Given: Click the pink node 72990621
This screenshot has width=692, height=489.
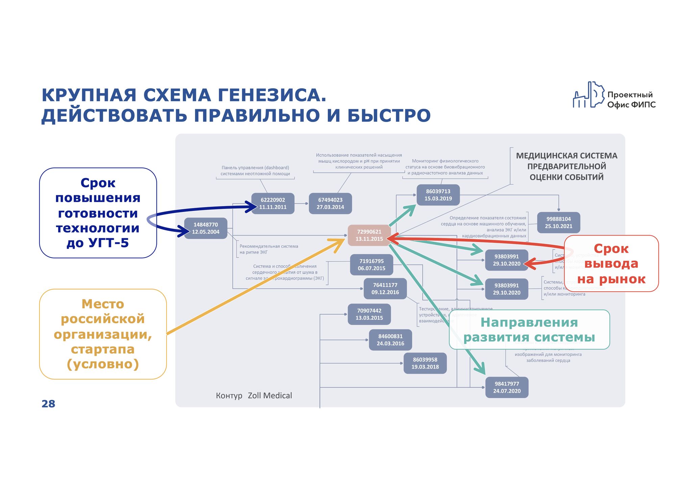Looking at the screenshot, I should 369,235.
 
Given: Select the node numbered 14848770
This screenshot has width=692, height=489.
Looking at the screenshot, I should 205,228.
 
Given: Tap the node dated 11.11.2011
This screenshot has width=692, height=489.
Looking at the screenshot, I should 273,203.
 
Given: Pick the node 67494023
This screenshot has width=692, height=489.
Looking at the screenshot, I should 330,203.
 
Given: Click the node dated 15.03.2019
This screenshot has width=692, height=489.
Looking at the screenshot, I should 438,195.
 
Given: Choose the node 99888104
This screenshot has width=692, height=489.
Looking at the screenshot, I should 559,222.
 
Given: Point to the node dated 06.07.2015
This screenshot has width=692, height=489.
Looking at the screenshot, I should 371,265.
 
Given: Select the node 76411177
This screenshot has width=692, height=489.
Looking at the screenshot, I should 385,289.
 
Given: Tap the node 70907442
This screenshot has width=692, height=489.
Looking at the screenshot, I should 369,314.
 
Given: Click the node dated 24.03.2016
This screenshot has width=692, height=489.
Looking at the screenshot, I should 390,340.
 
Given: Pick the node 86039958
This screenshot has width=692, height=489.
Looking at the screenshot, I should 425,363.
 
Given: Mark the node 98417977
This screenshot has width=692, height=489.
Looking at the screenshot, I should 506,387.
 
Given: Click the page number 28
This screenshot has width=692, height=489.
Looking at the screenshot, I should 48,404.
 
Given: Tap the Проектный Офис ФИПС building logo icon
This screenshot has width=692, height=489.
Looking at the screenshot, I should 588,95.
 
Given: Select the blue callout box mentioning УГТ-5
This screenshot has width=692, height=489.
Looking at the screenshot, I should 98,213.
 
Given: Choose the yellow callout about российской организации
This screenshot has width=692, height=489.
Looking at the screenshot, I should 103,334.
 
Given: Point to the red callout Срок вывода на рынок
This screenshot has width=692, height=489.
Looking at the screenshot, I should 611,264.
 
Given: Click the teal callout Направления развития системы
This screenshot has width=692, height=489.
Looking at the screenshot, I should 529,329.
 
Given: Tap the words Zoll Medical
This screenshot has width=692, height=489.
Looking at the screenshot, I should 270,395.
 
